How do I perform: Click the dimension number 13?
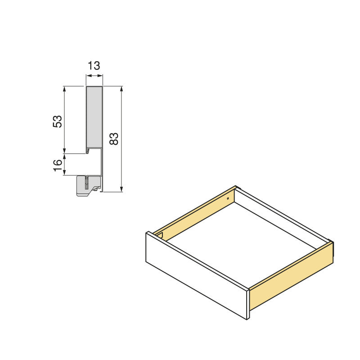[94, 66]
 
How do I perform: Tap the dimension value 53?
[57, 121]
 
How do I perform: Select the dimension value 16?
[57, 164]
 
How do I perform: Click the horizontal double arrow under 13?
[94, 76]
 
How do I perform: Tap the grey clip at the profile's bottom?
[86, 186]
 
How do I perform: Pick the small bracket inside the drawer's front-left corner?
[158, 234]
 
